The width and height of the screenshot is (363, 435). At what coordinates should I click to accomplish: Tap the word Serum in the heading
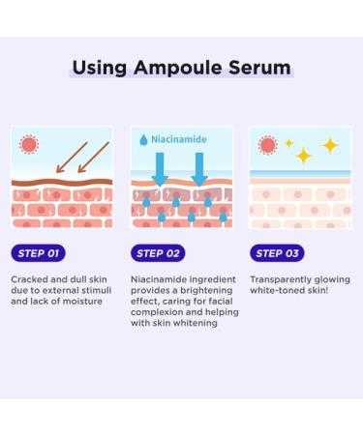coord(259,69)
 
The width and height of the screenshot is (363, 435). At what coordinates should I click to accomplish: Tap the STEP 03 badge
coord(277,253)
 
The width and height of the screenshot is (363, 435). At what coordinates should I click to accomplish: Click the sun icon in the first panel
coord(30,145)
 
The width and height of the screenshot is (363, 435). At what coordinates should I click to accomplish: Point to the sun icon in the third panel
coord(266,145)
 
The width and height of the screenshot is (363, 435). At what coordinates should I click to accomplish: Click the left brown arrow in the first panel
coord(70,156)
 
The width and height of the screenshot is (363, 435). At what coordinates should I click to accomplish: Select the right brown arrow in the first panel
coord(93,156)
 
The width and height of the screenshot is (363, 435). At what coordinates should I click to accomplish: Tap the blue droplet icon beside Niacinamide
coord(142,140)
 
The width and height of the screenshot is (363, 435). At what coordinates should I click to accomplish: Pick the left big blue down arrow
coord(161,166)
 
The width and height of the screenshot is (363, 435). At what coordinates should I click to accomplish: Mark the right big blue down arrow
coord(199,166)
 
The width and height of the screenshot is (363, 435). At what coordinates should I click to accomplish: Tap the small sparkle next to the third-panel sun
coord(287,143)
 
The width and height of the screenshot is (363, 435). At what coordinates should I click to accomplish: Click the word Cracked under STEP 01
coord(31,278)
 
